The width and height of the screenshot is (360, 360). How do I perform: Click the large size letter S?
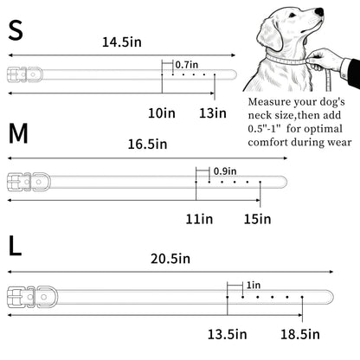coord(16,30)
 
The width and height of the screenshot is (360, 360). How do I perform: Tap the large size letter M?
coord(18,133)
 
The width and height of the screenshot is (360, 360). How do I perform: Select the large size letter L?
coord(15,246)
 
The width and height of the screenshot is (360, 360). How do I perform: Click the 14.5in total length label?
coord(122,42)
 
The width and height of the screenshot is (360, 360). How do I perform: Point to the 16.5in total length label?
coord(147,144)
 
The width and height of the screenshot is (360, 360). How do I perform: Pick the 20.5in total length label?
coord(170,259)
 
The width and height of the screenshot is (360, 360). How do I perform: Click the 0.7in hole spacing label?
coord(187,65)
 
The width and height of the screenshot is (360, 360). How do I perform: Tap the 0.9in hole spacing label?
coord(225,171)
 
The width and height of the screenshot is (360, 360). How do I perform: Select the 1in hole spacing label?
coord(254,286)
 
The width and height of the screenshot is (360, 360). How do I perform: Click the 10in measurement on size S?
coord(162,112)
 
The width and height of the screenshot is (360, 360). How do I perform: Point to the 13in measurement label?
coord(213,112)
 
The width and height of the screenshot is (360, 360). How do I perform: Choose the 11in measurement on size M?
coord(199,219)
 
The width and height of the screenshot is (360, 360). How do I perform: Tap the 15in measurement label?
coord(258,219)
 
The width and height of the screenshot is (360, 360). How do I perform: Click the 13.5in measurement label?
coord(228,334)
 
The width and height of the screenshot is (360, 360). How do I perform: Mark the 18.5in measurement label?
coord(300,334)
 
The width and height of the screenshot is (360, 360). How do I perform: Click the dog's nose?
coord(319,12)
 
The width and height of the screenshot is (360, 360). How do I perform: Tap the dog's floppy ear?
coord(270,35)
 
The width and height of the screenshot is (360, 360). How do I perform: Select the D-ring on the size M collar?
coord(41,182)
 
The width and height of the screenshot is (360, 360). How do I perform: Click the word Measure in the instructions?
coord(269,102)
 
